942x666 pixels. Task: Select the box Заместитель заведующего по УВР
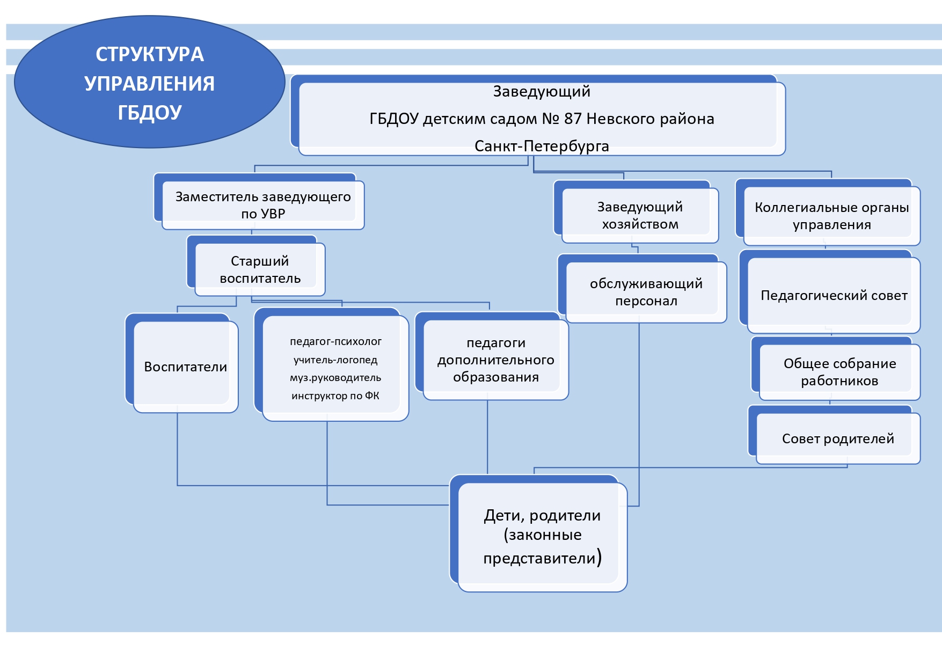pos(263,205)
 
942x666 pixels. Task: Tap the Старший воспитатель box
pos(260,269)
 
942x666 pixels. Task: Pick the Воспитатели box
pos(185,367)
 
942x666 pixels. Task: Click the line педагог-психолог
pos(335,341)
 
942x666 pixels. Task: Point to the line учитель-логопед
pos(335,360)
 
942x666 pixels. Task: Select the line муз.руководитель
pos(335,378)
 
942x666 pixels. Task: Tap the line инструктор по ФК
pos(335,396)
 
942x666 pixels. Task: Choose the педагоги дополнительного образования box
pos(495,360)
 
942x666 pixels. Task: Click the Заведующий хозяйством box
pos(640,215)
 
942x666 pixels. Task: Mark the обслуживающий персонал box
pos(646,292)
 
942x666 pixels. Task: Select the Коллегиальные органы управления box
pos(831,216)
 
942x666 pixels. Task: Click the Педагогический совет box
pos(834,295)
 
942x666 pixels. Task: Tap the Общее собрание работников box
pos(839,372)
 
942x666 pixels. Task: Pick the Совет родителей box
pos(838,438)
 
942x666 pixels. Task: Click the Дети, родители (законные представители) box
pos(542,537)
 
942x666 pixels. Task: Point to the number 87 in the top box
pos(573,119)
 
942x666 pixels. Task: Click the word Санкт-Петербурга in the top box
pos(542,146)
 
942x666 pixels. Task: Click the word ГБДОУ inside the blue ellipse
pos(150,113)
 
